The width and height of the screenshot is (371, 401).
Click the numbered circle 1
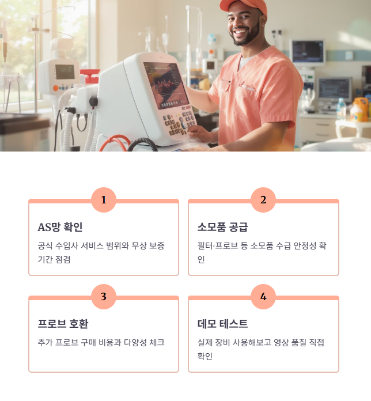click(104, 200)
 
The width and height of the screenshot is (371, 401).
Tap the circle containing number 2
click(263, 200)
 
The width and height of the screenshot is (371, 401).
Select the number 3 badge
click(104, 297)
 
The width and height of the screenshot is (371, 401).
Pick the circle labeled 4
click(263, 297)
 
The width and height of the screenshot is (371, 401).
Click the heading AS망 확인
click(60, 227)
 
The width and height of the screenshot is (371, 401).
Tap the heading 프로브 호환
click(63, 324)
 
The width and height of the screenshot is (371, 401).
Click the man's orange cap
click(244, 6)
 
